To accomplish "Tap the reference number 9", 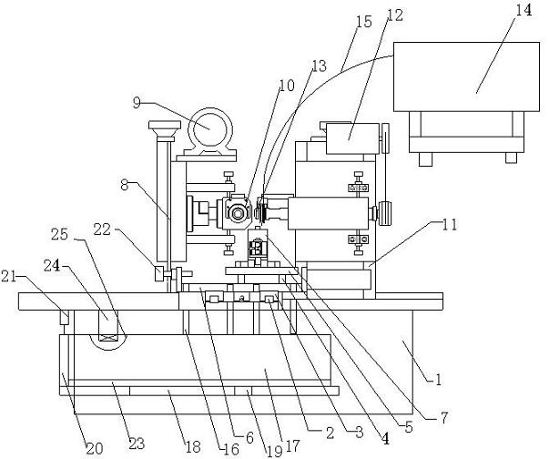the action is (137, 103).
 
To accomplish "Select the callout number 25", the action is (59, 234).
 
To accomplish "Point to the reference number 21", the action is (8, 277).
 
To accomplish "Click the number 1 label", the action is (439, 379).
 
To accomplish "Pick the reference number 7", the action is (443, 417).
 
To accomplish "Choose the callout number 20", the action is (95, 448).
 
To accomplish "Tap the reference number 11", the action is (449, 225).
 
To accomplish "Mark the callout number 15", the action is (364, 21).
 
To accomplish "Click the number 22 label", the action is (102, 229).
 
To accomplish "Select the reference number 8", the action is (125, 185).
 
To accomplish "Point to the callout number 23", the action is (137, 444).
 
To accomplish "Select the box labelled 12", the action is (352, 138).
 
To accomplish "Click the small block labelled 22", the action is (159, 273).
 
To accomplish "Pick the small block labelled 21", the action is (65, 317).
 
